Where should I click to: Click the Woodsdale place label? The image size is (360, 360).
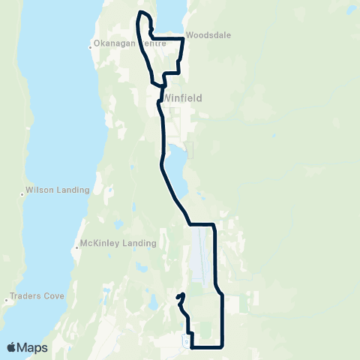[x=208, y=35]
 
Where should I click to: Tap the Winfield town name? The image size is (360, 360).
[x=180, y=97]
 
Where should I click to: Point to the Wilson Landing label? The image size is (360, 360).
[x=58, y=190]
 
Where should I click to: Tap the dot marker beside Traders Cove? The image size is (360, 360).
[x=7, y=298]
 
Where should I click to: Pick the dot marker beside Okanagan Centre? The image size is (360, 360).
[x=91, y=47]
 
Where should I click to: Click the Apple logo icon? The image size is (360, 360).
[x=11, y=347]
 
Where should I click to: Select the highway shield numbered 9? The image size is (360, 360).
[x=185, y=341]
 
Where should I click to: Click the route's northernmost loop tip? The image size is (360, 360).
[x=139, y=13]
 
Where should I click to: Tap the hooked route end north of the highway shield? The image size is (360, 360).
[x=182, y=294]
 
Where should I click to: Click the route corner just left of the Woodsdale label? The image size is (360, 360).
[x=183, y=37]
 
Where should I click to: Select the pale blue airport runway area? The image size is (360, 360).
[x=198, y=255]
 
